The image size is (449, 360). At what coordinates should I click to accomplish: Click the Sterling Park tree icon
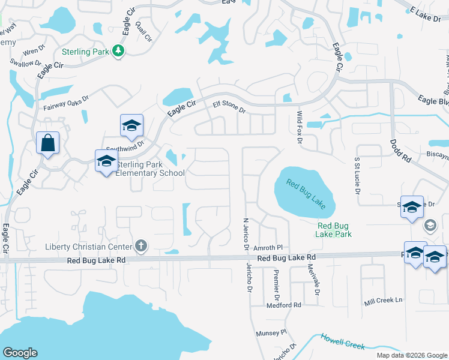119,52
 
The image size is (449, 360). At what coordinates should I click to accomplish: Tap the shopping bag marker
47,143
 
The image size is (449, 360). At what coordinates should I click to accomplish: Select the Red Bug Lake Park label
334,230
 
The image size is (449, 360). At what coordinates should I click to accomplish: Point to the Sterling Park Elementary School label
150,169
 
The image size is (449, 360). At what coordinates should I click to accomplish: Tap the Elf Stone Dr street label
229,107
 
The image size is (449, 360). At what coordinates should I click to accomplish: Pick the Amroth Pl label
268,247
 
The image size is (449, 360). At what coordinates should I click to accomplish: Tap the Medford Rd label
285,305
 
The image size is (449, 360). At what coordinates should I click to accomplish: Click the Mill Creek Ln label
383,300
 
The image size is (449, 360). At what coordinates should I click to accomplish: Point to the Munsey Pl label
272,332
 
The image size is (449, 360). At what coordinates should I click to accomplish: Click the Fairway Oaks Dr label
66,103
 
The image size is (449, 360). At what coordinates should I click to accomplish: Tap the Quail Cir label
143,31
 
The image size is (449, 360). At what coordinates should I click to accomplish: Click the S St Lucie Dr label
357,177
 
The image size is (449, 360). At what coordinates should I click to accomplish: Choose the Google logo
20,353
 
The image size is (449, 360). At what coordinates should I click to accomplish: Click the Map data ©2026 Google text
411,355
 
